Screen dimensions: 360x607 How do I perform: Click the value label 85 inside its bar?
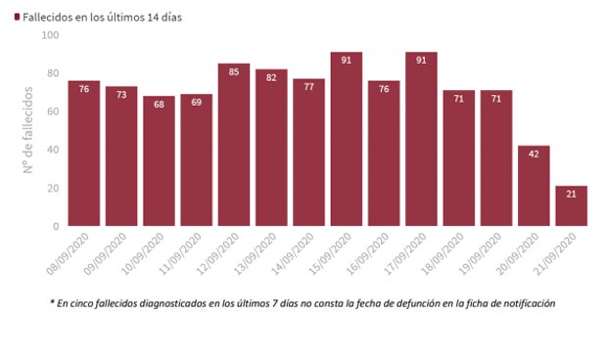point(234,71)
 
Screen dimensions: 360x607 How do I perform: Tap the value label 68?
point(160,104)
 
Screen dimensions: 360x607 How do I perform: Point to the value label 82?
point(271,77)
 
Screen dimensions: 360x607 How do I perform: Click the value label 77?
point(309,87)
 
